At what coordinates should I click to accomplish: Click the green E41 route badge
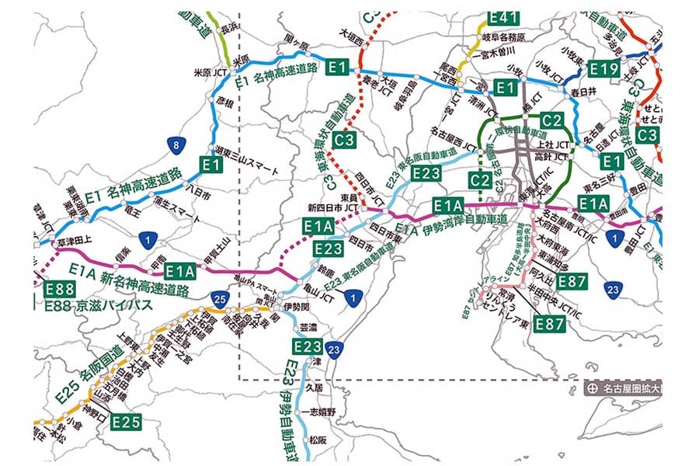point(503,18)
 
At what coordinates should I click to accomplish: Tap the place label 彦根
point(224,102)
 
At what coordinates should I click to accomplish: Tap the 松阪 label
point(318,440)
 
